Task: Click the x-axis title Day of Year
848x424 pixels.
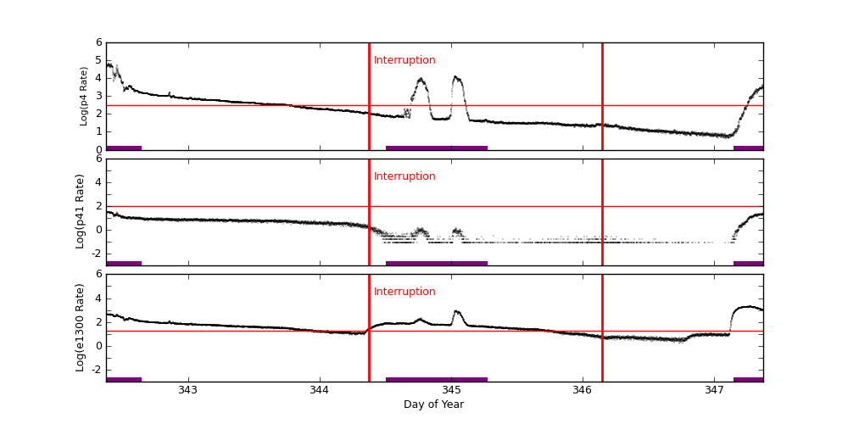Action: click(x=433, y=404)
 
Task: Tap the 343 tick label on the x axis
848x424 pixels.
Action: click(x=188, y=390)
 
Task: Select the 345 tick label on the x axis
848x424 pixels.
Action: click(x=451, y=390)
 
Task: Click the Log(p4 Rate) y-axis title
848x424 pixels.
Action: click(x=84, y=96)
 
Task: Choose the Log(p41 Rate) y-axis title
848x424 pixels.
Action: click(x=81, y=211)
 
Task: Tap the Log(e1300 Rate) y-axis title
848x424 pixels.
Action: click(x=81, y=327)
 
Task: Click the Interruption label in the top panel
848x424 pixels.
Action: click(x=404, y=60)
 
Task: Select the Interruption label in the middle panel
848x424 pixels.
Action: click(x=404, y=176)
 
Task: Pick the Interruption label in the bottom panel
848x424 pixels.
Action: click(x=404, y=292)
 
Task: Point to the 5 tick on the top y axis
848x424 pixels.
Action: click(x=98, y=60)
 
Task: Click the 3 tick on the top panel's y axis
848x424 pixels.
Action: click(x=98, y=96)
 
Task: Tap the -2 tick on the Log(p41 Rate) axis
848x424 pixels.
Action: click(x=97, y=253)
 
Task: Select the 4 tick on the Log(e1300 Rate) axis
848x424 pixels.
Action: click(x=98, y=298)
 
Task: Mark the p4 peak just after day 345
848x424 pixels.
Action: click(x=456, y=77)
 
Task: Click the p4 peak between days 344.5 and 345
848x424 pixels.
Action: click(x=421, y=80)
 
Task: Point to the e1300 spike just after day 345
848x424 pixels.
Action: click(x=456, y=311)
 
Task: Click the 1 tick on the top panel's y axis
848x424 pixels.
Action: click(x=98, y=131)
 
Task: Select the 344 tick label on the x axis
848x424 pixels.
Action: click(x=320, y=390)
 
